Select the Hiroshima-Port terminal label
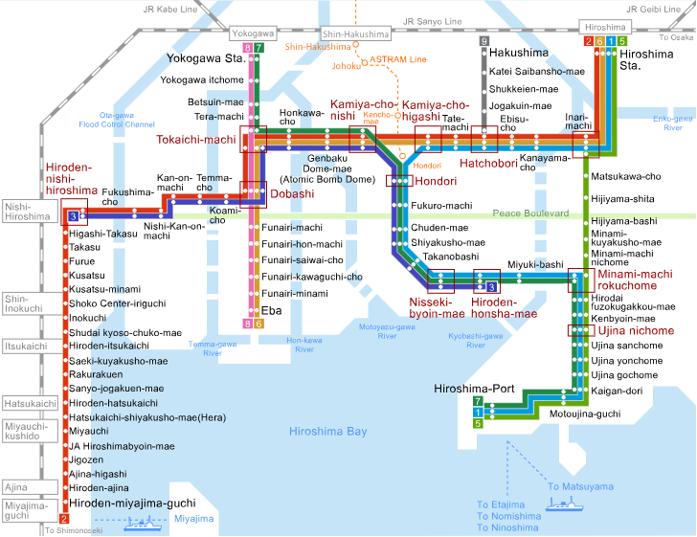tap(474, 390)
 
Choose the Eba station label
tap(271, 310)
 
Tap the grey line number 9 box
tap(484, 41)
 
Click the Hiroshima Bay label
tap(328, 432)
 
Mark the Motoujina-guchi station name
tap(586, 414)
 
